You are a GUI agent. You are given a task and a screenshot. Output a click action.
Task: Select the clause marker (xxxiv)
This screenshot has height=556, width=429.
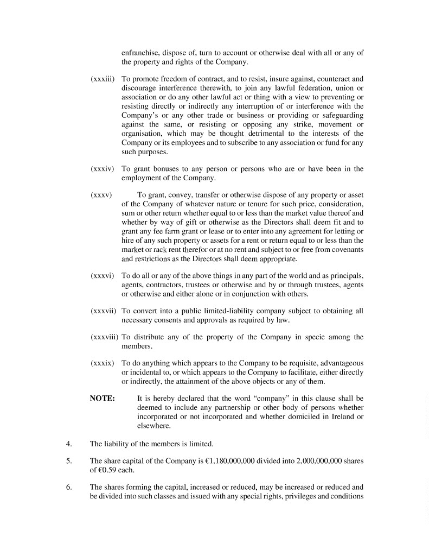click(x=102, y=169)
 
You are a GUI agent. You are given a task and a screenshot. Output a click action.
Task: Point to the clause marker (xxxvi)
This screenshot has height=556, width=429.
click(x=102, y=276)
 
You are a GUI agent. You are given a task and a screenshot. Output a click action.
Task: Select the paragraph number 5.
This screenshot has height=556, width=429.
click(x=69, y=460)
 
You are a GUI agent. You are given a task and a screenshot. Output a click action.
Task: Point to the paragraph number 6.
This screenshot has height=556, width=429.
click(x=69, y=487)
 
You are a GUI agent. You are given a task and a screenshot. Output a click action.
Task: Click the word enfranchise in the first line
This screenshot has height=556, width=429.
click(x=141, y=53)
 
